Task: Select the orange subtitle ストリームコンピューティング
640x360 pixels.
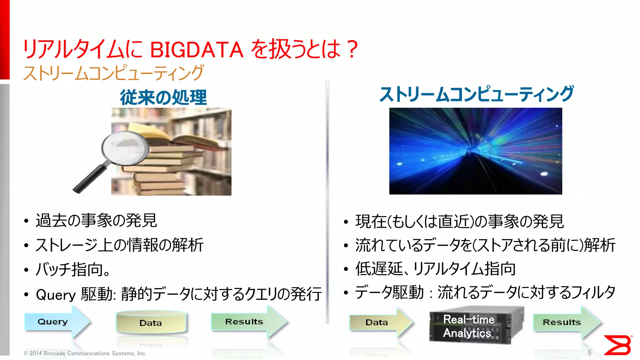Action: click(113, 73)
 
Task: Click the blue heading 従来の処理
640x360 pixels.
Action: click(163, 97)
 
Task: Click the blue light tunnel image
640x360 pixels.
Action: click(475, 151)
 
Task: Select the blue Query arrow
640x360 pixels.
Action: click(56, 322)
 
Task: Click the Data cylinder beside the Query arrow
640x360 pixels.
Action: click(151, 322)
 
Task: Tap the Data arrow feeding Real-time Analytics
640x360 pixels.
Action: click(380, 322)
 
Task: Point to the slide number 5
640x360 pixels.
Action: click(589, 353)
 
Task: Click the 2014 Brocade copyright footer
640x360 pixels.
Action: click(85, 353)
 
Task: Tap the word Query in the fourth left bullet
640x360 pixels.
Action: click(56, 294)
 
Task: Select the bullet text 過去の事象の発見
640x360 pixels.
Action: click(96, 221)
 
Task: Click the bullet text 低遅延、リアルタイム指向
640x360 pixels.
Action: click(435, 269)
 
